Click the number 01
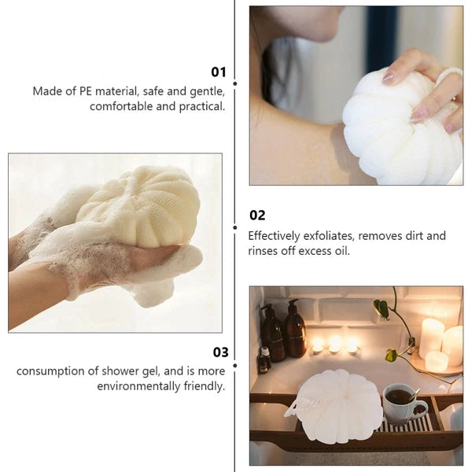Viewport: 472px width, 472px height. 218,72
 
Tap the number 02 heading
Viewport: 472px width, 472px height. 257,216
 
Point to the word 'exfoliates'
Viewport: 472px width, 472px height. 331,236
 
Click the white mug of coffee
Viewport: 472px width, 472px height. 402,404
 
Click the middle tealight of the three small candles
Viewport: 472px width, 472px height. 335,344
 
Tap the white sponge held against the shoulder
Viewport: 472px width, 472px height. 401,126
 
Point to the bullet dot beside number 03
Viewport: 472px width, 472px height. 234,363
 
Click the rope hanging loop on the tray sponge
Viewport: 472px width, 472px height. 298,407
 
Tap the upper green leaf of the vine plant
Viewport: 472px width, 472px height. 382,308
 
